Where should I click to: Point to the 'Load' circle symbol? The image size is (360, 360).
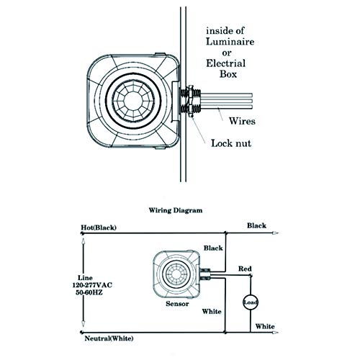tap(250, 302)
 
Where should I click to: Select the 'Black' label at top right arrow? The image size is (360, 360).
tap(256, 225)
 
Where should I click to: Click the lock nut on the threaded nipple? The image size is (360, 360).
tap(190, 100)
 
